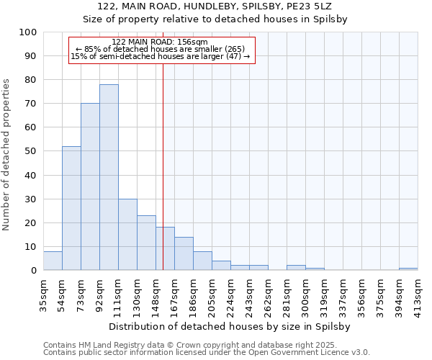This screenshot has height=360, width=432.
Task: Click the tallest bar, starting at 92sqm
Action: pos(109,177)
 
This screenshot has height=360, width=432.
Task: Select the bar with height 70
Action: pos(90,186)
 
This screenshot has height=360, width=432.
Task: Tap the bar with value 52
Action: pos(71,208)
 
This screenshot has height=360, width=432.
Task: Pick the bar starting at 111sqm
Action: pos(127,234)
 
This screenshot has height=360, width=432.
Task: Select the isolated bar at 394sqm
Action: pos(408,269)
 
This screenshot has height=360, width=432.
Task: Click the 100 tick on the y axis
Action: pos(28,32)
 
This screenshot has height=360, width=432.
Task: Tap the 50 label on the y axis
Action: pos(31,151)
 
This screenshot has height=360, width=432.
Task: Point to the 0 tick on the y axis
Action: pos(34,270)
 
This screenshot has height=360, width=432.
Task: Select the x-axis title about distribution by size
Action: pos(231,326)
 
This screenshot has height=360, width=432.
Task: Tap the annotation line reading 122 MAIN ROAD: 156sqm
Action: pos(161,42)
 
